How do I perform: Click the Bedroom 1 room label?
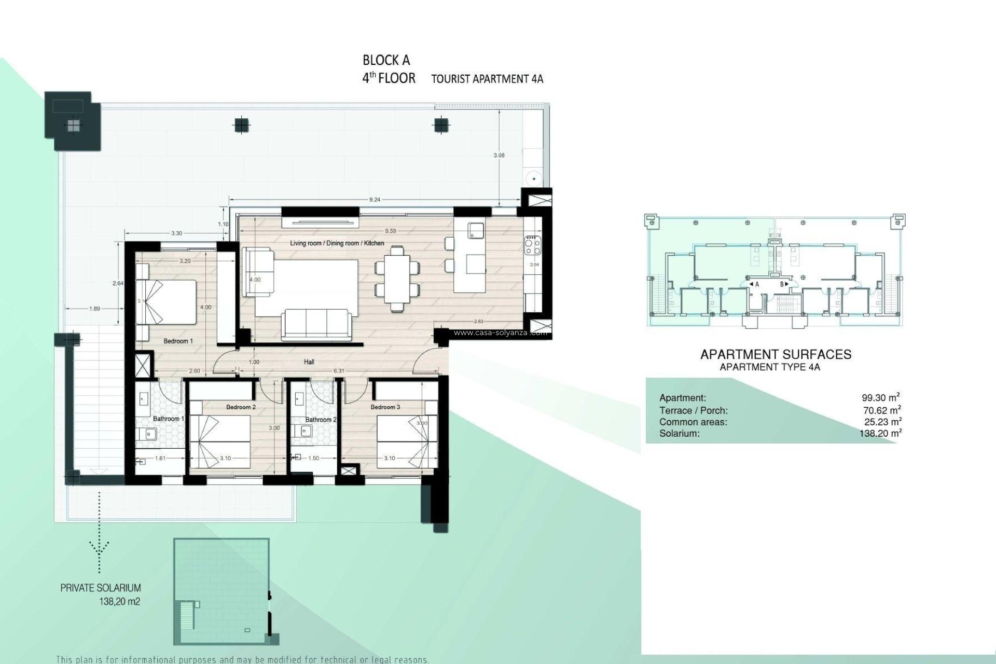178,341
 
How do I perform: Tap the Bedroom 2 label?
241,407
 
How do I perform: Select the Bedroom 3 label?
385,407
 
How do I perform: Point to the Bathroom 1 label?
166,419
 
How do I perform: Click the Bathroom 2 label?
321,420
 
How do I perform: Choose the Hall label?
309,362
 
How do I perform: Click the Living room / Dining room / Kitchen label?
337,243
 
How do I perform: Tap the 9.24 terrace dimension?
375,199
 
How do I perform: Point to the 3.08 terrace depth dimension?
499,155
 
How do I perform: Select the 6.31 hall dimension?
339,371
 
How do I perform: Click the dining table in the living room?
397,278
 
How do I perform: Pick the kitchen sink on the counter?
475,230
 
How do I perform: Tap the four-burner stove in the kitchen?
533,245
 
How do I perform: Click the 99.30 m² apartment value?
880,398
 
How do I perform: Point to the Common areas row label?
693,422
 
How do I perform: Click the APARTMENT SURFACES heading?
776,354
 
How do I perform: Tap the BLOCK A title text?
386,60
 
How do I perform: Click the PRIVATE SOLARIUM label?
101,588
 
